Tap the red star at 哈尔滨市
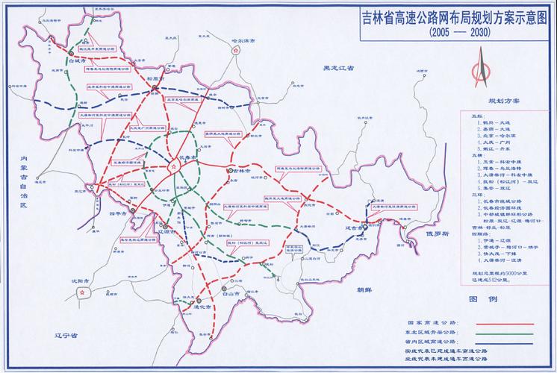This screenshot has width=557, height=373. (236, 52)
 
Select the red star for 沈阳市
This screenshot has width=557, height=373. (80, 293)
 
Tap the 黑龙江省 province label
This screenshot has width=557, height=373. (337, 68)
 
